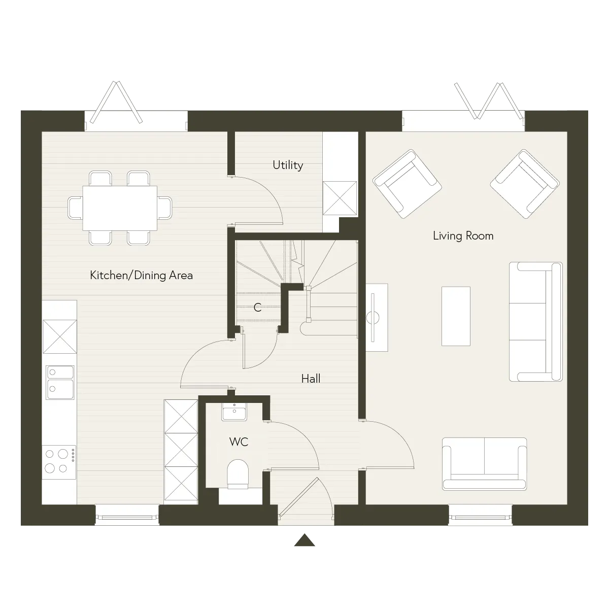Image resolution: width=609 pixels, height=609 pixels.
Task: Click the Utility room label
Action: pyautogui.click(x=288, y=165)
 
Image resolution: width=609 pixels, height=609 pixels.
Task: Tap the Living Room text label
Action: pyautogui.click(x=463, y=236)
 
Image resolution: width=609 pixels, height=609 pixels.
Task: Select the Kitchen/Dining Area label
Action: pyautogui.click(x=141, y=275)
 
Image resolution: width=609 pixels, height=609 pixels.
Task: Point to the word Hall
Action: pyautogui.click(x=311, y=379)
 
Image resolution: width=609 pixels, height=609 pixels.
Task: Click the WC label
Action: pyautogui.click(x=239, y=442)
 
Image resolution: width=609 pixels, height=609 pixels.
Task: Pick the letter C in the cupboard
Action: pyautogui.click(x=258, y=307)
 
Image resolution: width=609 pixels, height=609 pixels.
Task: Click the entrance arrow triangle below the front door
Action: pyautogui.click(x=304, y=540)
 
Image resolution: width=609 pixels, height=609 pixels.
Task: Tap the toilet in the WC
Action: pyautogui.click(x=238, y=473)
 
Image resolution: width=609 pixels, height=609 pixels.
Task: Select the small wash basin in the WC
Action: pyautogui.click(x=234, y=412)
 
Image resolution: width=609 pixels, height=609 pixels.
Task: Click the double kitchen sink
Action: pyautogui.click(x=60, y=382)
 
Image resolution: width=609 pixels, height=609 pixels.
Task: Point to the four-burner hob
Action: pyautogui.click(x=59, y=462)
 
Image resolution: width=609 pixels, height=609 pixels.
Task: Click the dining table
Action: pyautogui.click(x=120, y=208)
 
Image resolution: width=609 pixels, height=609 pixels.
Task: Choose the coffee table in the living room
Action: pyautogui.click(x=456, y=316)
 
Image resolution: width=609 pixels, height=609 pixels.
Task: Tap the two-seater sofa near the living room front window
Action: pyautogui.click(x=484, y=464)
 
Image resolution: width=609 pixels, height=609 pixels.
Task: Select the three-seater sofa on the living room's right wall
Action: pyautogui.click(x=536, y=321)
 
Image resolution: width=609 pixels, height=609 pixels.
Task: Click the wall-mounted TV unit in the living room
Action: pyautogui.click(x=377, y=317)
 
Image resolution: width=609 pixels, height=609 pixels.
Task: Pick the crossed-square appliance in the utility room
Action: pyautogui.click(x=340, y=198)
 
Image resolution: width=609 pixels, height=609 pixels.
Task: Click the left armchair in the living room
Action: pyautogui.click(x=407, y=184)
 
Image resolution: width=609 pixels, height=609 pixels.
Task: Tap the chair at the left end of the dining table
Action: pyautogui.click(x=75, y=208)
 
